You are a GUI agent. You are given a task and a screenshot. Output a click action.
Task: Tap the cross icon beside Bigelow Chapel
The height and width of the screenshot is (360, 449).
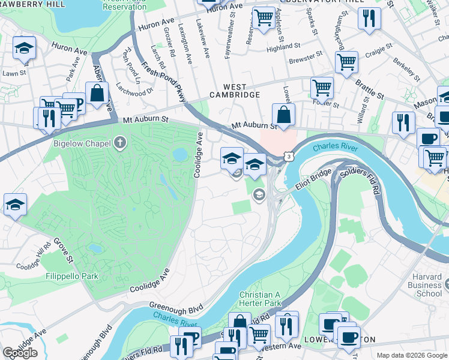[x=120, y=143]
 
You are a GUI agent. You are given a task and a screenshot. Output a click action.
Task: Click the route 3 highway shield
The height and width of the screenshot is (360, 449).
[x=290, y=156]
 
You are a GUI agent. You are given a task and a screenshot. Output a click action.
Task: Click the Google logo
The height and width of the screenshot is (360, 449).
[x=20, y=352]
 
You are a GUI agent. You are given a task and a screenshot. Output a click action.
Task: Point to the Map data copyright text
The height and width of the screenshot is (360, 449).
[x=411, y=355]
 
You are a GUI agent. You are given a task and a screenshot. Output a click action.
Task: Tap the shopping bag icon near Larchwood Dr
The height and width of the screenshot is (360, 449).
[x=97, y=94]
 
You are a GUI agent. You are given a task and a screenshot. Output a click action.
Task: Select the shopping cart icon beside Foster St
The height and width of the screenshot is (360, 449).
[x=322, y=88]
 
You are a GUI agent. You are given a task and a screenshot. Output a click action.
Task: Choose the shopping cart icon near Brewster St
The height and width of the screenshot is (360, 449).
[x=346, y=61]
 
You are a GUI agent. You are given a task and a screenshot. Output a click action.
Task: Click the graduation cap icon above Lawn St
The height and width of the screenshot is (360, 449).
[x=24, y=47]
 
